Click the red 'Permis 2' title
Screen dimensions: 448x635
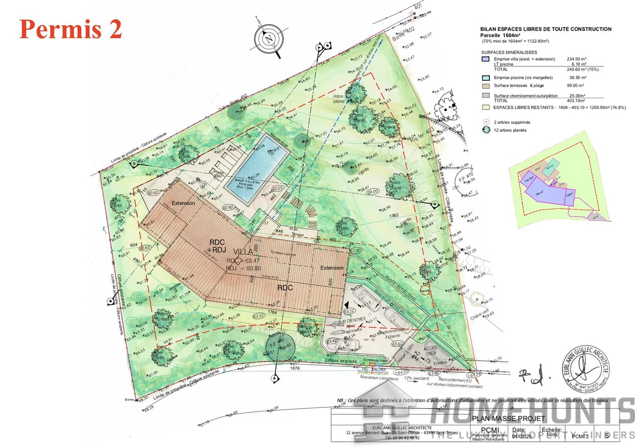[71, 29]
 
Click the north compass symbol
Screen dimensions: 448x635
[270, 40]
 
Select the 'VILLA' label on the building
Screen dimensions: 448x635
[243, 252]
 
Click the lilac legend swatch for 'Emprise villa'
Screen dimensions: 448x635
[486, 59]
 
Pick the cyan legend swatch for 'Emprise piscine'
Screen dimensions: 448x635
[486, 78]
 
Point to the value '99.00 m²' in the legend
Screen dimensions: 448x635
[575, 85]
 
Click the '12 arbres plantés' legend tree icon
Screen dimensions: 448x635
[486, 130]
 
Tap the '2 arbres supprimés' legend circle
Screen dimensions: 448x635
[486, 122]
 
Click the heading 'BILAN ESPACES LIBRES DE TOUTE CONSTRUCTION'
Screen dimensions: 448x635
[545, 29]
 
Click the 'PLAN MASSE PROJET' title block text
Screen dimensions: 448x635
[508, 419]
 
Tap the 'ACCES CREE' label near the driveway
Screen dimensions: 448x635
[430, 351]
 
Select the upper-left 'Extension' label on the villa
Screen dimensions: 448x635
[183, 203]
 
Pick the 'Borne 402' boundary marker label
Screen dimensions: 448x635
[404, 34]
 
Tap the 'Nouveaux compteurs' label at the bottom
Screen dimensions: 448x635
[379, 377]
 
